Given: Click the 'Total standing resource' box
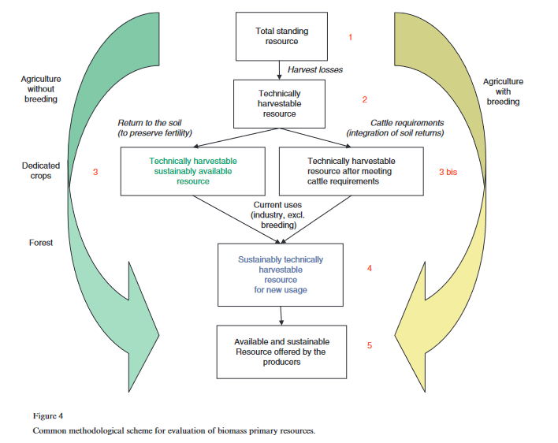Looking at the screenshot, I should click(x=281, y=36).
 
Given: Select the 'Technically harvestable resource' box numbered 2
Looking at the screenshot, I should click(x=280, y=103).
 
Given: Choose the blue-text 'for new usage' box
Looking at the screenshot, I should click(x=281, y=274).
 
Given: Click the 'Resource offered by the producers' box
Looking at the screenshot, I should click(x=281, y=352).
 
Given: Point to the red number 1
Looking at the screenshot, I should click(x=350, y=36).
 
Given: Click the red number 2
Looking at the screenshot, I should click(x=365, y=100).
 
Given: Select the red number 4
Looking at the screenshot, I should click(x=370, y=268).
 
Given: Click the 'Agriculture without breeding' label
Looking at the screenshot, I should click(x=41, y=89).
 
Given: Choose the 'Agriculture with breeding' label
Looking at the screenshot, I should click(x=503, y=91).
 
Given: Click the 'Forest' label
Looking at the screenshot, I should click(x=41, y=242).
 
